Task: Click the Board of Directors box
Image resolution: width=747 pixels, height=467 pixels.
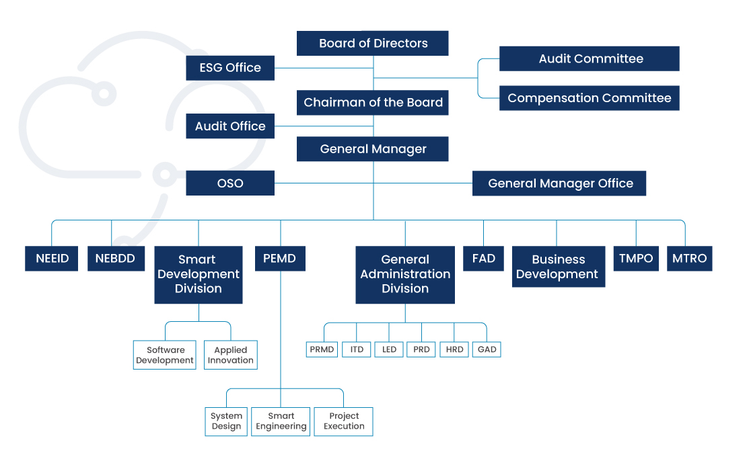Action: [373, 44]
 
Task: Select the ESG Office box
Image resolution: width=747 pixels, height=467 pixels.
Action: [230, 68]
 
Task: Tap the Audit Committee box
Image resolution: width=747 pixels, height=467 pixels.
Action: [590, 59]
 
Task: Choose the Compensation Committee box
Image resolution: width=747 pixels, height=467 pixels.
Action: [590, 98]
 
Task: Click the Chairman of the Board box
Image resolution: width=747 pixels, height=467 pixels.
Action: [373, 103]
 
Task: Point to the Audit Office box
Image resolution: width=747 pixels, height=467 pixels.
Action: [230, 126]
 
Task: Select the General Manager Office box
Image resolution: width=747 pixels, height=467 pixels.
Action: [559, 183]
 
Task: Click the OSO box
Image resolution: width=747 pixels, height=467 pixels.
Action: [230, 183]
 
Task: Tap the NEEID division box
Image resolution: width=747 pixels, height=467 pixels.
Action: [52, 259]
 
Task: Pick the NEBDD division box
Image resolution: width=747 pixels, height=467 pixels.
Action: [116, 259]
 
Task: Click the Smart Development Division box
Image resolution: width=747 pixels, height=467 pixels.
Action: [198, 274]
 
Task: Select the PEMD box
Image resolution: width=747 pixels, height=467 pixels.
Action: [280, 259]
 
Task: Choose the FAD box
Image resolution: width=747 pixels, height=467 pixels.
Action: [483, 259]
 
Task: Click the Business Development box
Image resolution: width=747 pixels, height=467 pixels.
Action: [558, 267]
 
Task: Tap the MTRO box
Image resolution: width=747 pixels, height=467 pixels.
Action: [690, 259]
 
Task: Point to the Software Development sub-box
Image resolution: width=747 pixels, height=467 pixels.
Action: [166, 355]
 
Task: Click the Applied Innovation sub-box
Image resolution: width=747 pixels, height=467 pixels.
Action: [231, 355]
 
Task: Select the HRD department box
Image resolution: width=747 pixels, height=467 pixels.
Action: [454, 349]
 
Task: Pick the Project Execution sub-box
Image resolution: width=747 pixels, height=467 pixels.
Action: [344, 421]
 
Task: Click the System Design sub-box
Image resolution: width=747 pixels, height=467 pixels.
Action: [226, 421]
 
